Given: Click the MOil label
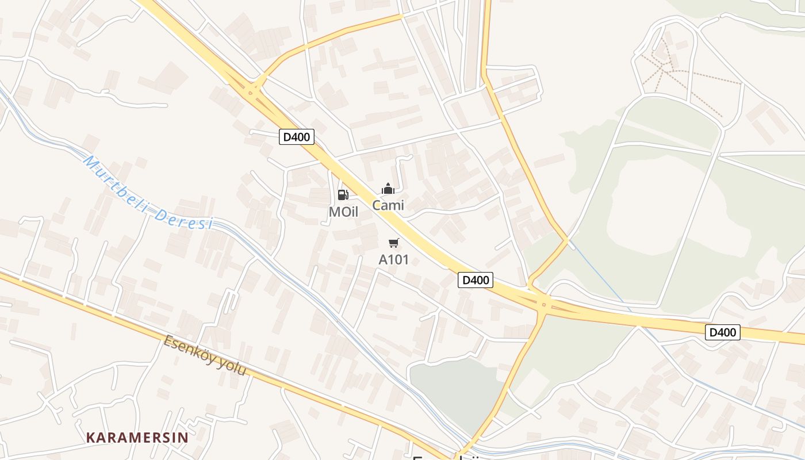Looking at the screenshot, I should (x=343, y=212).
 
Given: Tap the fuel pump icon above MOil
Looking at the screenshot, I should (x=343, y=195).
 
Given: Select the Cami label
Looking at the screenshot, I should (x=388, y=205).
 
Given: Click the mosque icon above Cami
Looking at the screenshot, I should (x=388, y=189).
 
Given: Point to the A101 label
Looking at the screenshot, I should (x=394, y=260).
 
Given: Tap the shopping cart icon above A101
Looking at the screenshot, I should (x=394, y=243).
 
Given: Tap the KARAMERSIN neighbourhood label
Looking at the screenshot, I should (x=137, y=438).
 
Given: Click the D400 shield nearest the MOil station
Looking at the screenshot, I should (x=297, y=137).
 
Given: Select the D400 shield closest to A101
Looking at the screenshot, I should (x=476, y=280).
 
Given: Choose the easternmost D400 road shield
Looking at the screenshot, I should (x=723, y=332).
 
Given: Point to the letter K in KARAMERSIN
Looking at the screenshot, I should (x=90, y=438).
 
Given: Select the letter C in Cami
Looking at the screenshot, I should (x=377, y=205).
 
